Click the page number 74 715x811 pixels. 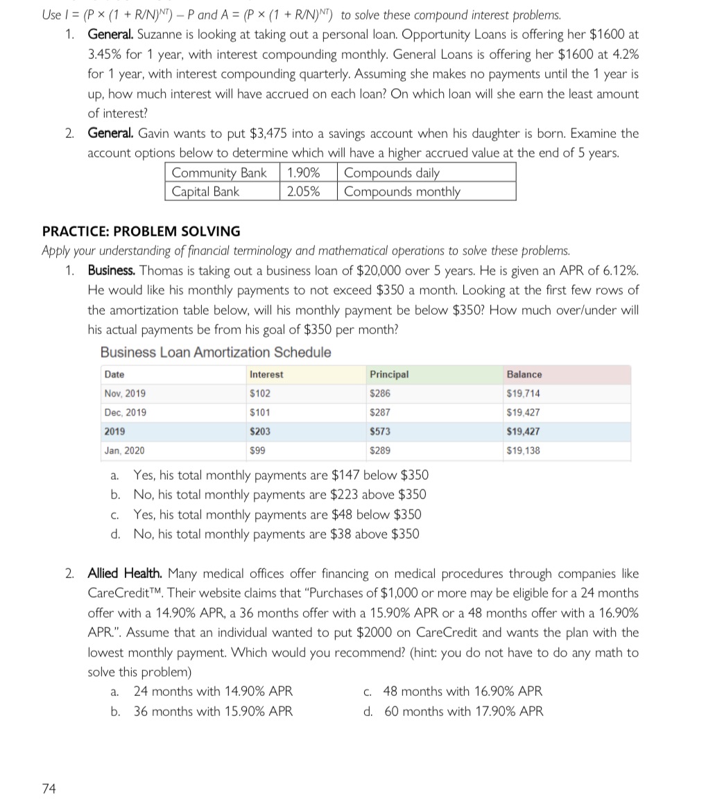[x=49, y=788]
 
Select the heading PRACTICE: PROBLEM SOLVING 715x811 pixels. [x=141, y=232]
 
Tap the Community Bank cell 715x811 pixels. [x=218, y=173]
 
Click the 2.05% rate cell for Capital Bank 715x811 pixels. [x=303, y=192]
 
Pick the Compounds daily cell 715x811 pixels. [x=392, y=173]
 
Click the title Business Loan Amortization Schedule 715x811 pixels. [x=216, y=353]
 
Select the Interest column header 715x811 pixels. [x=266, y=375]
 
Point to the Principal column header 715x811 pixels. [x=389, y=375]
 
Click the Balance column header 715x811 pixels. [x=524, y=375]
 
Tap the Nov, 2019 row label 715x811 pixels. [x=125, y=394]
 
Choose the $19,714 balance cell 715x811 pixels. [x=524, y=394]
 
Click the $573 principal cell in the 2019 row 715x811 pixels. [x=380, y=431]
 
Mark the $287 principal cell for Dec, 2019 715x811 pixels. [x=380, y=412]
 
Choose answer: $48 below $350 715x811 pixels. [x=277, y=514]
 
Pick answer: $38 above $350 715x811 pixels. [x=276, y=534]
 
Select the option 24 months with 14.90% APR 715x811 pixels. [x=213, y=691]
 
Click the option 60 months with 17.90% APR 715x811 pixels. [x=464, y=711]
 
